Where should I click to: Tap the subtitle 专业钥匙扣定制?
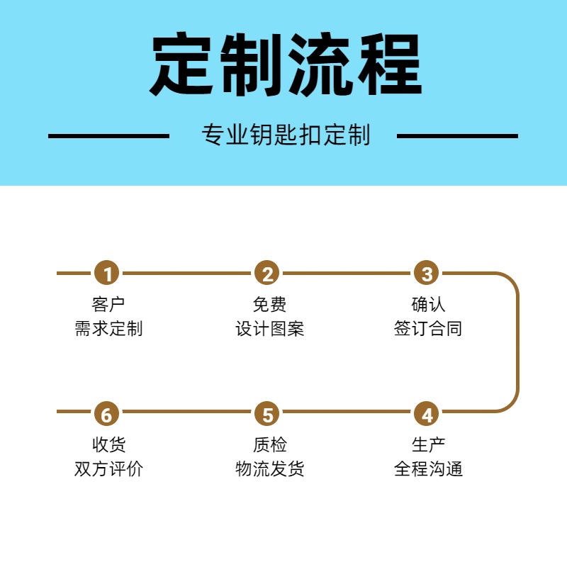286,135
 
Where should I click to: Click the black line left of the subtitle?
108,135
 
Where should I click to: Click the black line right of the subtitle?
457,135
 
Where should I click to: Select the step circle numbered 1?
107,273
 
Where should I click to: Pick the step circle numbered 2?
267,273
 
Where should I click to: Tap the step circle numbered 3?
427,273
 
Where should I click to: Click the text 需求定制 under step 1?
108,329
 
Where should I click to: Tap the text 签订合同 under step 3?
428,329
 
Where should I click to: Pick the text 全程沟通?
428,469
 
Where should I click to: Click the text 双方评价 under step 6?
108,469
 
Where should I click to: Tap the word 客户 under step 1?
108,305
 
